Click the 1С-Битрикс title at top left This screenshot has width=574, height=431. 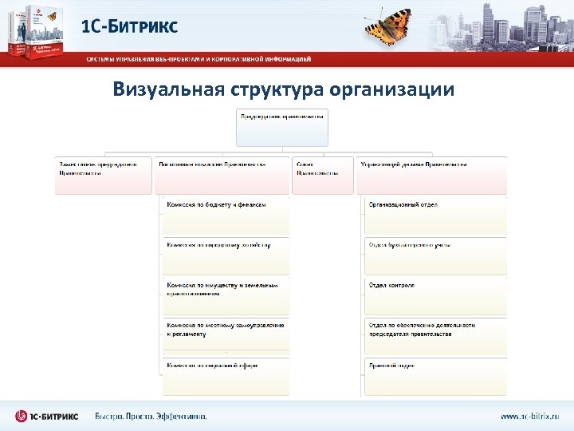[129, 26]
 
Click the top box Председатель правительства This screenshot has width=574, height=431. [282, 128]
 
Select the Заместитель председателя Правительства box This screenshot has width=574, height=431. [103, 175]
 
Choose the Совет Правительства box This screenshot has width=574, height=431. [323, 175]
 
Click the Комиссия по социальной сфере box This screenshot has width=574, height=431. [226, 376]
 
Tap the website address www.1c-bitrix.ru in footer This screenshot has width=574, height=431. [529, 416]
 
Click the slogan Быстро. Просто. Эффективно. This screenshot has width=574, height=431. [151, 416]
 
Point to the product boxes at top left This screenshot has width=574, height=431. [37, 32]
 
